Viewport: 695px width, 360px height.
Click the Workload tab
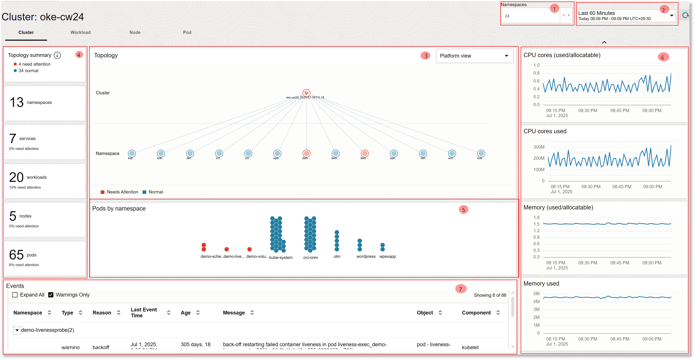coord(80,32)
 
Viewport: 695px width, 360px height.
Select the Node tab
coord(135,32)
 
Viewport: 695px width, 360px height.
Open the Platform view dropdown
coord(474,56)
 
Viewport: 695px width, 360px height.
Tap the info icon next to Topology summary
coord(57,55)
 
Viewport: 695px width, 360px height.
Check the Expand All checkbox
coord(15,295)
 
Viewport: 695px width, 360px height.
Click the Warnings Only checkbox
coord(51,295)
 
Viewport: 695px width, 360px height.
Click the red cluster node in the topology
coord(306,93)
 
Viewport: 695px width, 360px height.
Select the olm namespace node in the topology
coord(423,153)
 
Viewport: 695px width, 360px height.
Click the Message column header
coord(234,313)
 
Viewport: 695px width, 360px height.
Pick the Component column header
coord(476,313)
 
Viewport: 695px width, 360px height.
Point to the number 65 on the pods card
coord(16,255)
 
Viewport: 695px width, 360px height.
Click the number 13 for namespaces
coord(16,102)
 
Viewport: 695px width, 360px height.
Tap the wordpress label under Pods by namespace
coord(366,256)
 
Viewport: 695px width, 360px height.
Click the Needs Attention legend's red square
coord(102,192)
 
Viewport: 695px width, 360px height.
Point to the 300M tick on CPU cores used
coord(538,147)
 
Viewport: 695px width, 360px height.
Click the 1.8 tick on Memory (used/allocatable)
coord(536,217)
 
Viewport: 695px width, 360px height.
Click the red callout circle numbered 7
coord(461,289)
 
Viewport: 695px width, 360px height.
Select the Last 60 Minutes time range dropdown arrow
coord(672,15)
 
